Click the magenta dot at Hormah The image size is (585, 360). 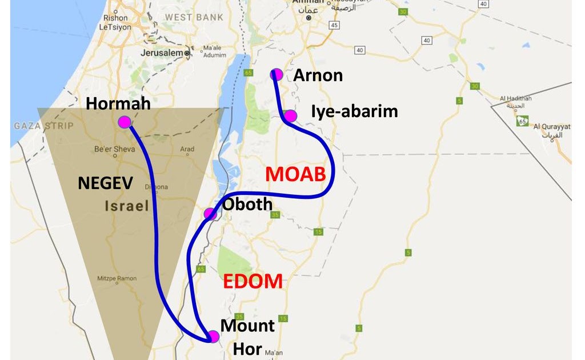(x=124, y=122)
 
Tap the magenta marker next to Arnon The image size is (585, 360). (x=277, y=74)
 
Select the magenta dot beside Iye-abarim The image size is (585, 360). (x=290, y=116)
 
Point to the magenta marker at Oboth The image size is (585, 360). (x=210, y=214)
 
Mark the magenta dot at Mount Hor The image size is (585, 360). (x=213, y=337)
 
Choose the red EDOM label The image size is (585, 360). (x=253, y=281)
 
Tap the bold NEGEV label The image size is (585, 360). (x=105, y=183)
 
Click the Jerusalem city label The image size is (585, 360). (x=162, y=53)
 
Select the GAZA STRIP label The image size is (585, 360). (x=43, y=125)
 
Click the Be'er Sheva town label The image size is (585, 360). (x=115, y=149)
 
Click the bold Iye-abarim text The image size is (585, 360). (x=354, y=111)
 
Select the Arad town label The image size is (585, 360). (x=187, y=149)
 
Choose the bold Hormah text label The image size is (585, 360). (x=118, y=103)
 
